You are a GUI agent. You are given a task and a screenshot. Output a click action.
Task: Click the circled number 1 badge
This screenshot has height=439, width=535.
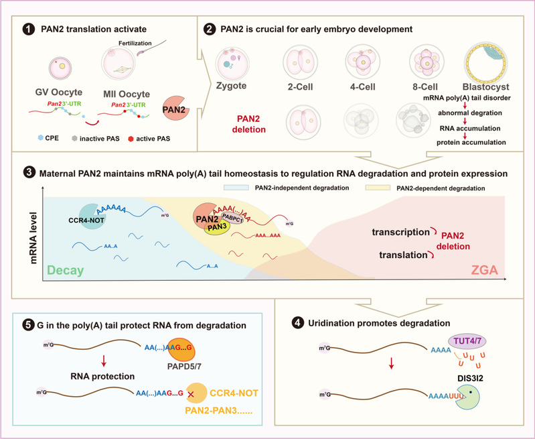[29, 29]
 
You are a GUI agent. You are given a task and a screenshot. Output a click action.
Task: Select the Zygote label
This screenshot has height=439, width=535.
[231, 86]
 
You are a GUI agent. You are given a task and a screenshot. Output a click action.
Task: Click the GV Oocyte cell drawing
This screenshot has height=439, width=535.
[60, 68]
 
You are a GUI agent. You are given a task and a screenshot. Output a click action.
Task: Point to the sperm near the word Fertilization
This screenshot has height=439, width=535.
[151, 48]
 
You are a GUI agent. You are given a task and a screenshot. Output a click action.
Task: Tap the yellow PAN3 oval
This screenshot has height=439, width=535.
[218, 227]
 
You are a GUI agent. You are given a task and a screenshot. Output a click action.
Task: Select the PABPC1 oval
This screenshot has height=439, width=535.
[232, 218]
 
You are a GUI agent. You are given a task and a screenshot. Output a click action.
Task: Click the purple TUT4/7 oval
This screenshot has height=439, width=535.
[467, 341]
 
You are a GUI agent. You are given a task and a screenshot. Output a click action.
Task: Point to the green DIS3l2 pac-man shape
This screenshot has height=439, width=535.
[467, 397]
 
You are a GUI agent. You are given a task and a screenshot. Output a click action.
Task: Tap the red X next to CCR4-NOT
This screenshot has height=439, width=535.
[191, 394]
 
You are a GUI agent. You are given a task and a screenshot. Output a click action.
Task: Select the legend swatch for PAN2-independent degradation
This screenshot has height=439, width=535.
[236, 188]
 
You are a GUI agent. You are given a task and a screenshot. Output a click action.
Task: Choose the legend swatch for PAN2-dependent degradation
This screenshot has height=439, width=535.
[378, 188]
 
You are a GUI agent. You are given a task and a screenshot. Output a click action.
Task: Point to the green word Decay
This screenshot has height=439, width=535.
[66, 270]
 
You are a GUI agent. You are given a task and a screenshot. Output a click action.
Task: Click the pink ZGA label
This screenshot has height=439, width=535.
[484, 270]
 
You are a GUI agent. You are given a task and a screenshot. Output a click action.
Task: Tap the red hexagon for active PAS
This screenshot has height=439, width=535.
[131, 139]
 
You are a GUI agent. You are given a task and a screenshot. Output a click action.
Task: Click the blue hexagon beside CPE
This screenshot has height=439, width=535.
[41, 137]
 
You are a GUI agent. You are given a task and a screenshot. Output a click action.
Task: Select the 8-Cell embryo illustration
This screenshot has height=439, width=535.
[427, 62]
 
